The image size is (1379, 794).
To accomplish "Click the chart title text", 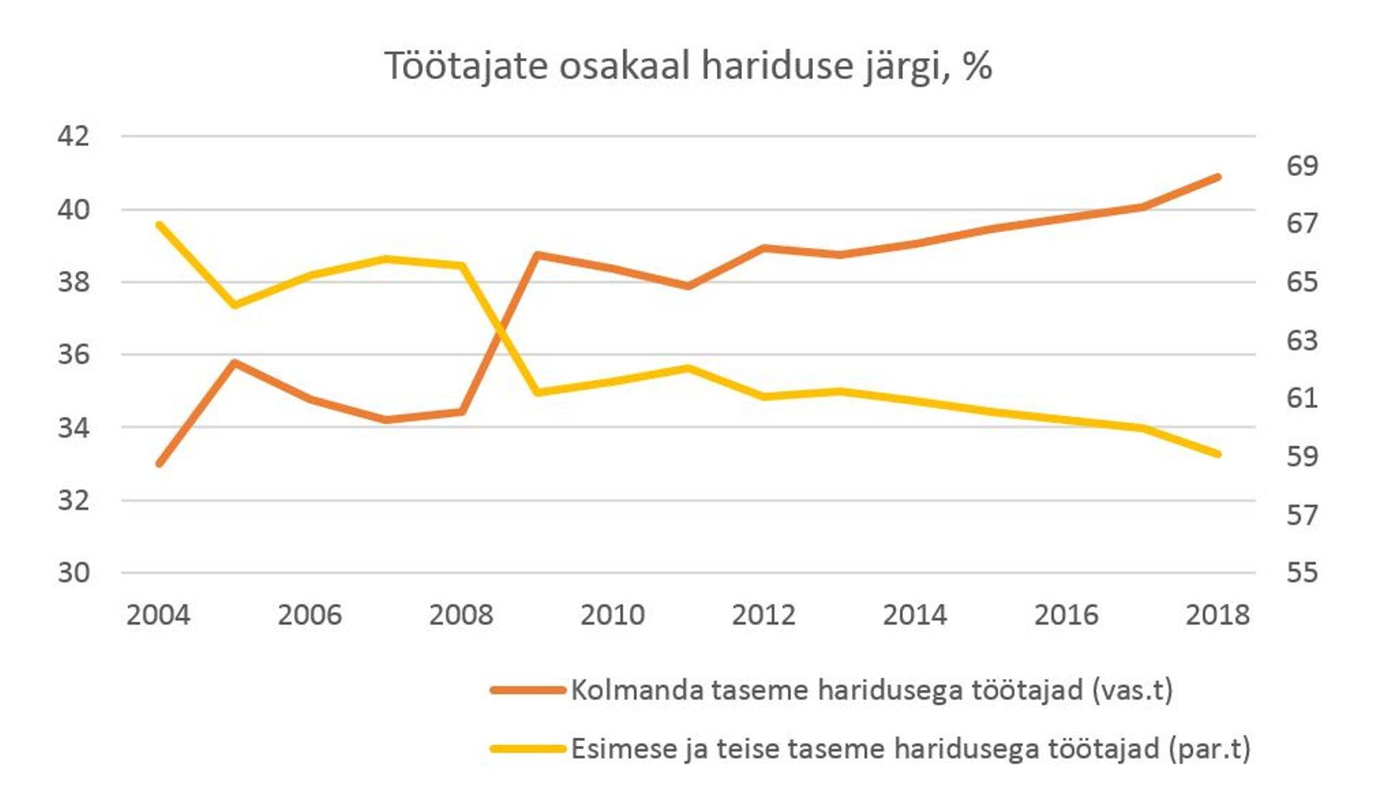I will point(688,66).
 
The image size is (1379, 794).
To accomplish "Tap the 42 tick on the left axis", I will point(73,135).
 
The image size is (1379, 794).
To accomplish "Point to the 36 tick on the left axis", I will point(73,354).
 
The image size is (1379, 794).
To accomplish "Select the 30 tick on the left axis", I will point(73,573).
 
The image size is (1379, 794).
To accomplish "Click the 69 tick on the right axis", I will point(1301,166).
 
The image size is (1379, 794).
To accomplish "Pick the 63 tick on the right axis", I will point(1301,340).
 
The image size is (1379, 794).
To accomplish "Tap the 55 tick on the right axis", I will point(1301,573).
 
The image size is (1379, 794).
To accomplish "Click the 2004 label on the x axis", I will point(158,615).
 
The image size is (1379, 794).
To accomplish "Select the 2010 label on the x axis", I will point(612,615).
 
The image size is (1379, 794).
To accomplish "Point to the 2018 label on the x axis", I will point(1217,615).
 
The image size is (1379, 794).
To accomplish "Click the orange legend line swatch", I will point(528,690).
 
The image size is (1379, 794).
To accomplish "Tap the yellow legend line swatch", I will point(528,749).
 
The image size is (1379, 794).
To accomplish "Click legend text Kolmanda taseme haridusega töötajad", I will point(871,690).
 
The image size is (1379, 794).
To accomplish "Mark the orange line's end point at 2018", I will point(1218,177).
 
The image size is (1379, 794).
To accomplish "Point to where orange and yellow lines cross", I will point(501,331).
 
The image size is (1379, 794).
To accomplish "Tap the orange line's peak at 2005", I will point(234,362).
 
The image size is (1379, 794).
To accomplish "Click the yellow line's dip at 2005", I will point(234,305).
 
